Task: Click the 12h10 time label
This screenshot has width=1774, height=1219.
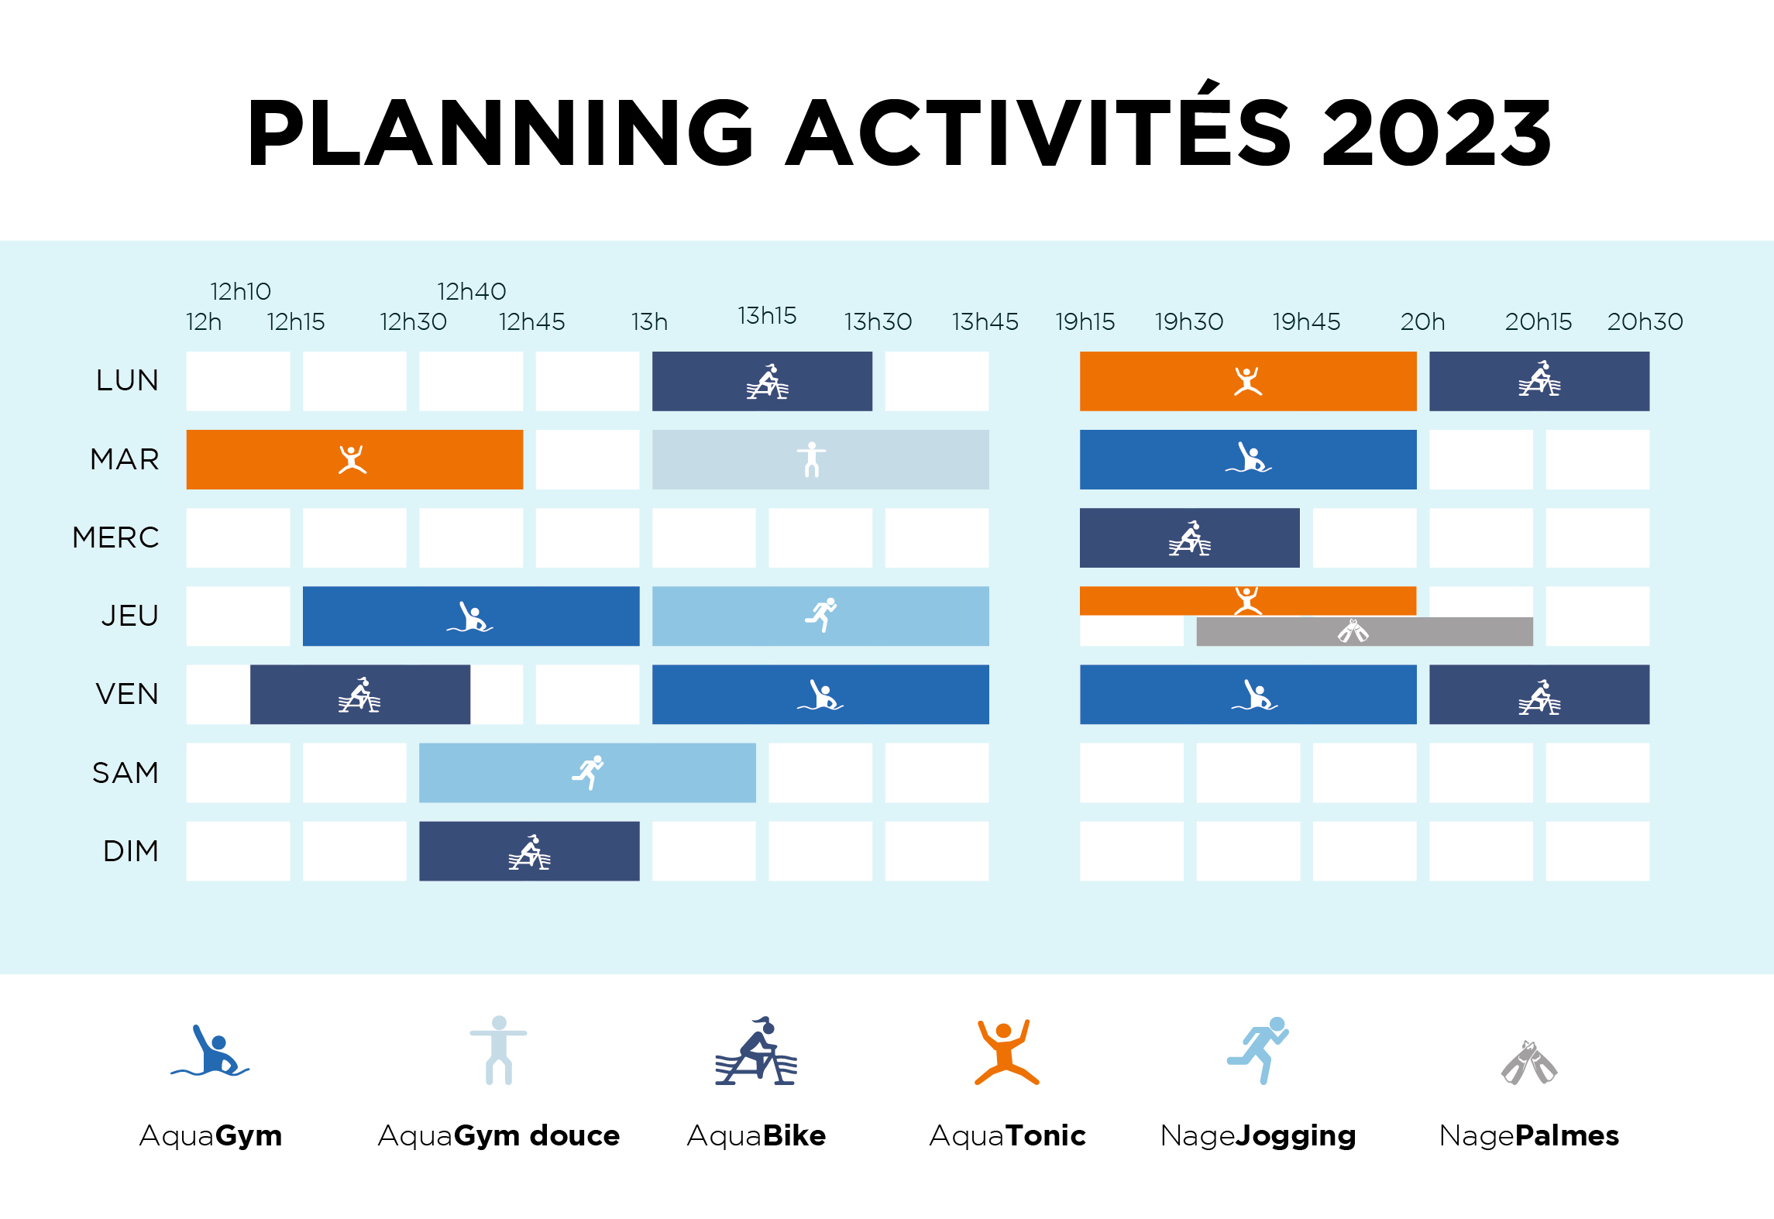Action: [x=241, y=291]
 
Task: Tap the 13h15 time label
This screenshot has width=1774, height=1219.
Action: [x=767, y=315]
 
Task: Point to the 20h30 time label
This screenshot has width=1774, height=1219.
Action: [x=1645, y=321]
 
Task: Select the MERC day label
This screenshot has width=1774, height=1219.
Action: [x=115, y=537]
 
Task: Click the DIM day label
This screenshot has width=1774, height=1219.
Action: [x=131, y=850]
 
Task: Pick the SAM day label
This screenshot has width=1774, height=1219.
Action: [x=125, y=772]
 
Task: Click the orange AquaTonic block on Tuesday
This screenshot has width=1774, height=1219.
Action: [x=355, y=459]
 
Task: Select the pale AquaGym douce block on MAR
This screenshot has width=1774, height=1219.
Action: [x=820, y=459]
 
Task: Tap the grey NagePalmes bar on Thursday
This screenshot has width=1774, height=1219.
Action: [x=1364, y=631]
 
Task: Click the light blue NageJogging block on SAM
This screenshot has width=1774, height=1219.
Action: [x=587, y=772]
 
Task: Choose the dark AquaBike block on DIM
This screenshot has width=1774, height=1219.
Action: [x=529, y=850]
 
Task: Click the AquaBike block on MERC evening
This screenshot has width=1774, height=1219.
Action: [x=1189, y=537]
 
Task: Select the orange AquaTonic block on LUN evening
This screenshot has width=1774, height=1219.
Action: [x=1248, y=381]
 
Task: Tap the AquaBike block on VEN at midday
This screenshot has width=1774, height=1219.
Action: [x=360, y=694]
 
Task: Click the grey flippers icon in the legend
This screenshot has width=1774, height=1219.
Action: [x=1528, y=1062]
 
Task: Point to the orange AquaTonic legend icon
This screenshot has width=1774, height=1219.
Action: [x=1006, y=1052]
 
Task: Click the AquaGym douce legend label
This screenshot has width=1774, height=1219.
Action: [x=499, y=1135]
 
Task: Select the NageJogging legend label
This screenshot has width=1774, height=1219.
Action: [x=1258, y=1136]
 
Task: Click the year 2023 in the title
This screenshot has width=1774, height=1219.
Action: [x=1437, y=132]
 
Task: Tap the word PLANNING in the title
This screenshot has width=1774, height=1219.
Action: [x=500, y=132]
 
